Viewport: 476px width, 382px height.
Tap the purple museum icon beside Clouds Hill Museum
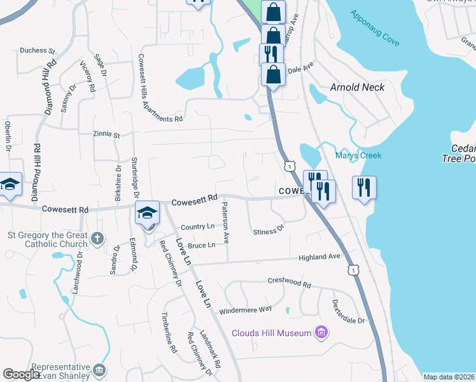click(322, 332)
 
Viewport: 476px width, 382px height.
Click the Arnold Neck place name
click(357, 87)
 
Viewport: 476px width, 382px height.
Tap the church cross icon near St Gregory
click(97, 238)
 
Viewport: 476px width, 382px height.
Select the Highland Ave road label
click(321, 257)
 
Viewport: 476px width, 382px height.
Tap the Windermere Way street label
click(245, 310)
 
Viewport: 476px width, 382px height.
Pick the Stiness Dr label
click(268, 230)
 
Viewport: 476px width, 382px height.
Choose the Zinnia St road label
click(106, 135)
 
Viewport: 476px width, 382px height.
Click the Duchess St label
click(38, 50)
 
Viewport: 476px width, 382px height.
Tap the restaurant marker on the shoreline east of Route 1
click(364, 188)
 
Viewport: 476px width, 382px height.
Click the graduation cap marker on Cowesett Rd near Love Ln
click(147, 213)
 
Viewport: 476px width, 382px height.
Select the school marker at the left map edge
click(9, 185)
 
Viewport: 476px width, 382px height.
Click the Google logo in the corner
click(22, 374)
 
